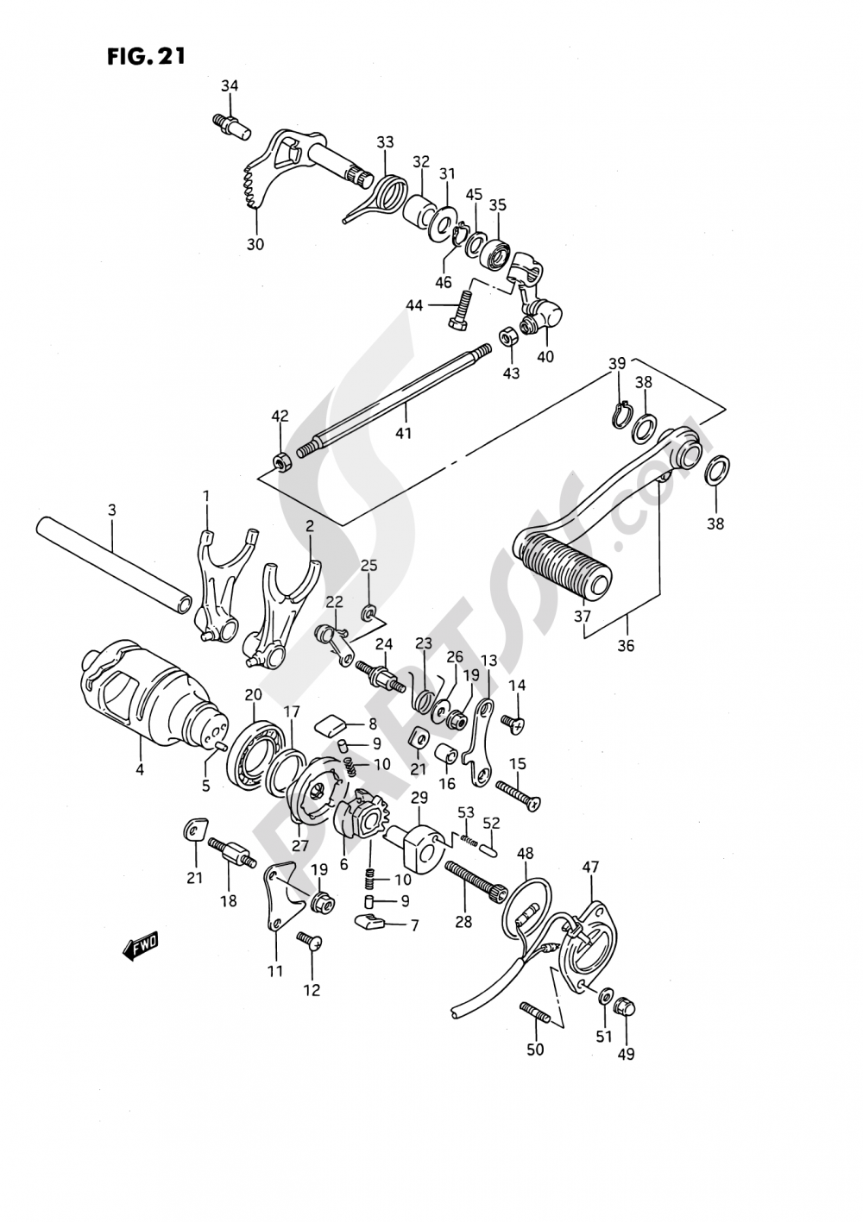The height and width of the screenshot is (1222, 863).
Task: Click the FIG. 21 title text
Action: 146,57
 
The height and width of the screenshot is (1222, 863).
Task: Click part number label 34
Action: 229,85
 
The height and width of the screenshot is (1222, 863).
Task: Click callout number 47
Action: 589,867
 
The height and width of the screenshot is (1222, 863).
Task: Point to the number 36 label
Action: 626,644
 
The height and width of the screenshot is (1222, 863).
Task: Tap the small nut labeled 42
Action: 281,461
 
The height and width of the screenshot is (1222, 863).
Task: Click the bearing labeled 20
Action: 255,749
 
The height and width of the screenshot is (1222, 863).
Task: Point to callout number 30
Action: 255,244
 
